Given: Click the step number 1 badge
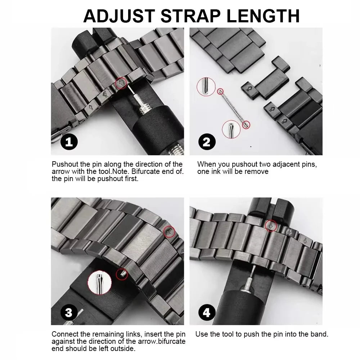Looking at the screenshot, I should [x=69, y=142].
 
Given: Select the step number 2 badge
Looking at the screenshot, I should [x=206, y=142].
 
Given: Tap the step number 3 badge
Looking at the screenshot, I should [x=69, y=312].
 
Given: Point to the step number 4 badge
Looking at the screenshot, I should [x=206, y=312].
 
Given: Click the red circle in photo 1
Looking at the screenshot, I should [x=121, y=84].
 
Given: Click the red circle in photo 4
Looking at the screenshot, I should [x=271, y=226].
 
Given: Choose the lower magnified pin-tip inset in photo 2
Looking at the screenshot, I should [x=231, y=129].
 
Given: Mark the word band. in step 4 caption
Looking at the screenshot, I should [x=320, y=334].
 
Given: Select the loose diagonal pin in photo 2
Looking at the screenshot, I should [x=232, y=108].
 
